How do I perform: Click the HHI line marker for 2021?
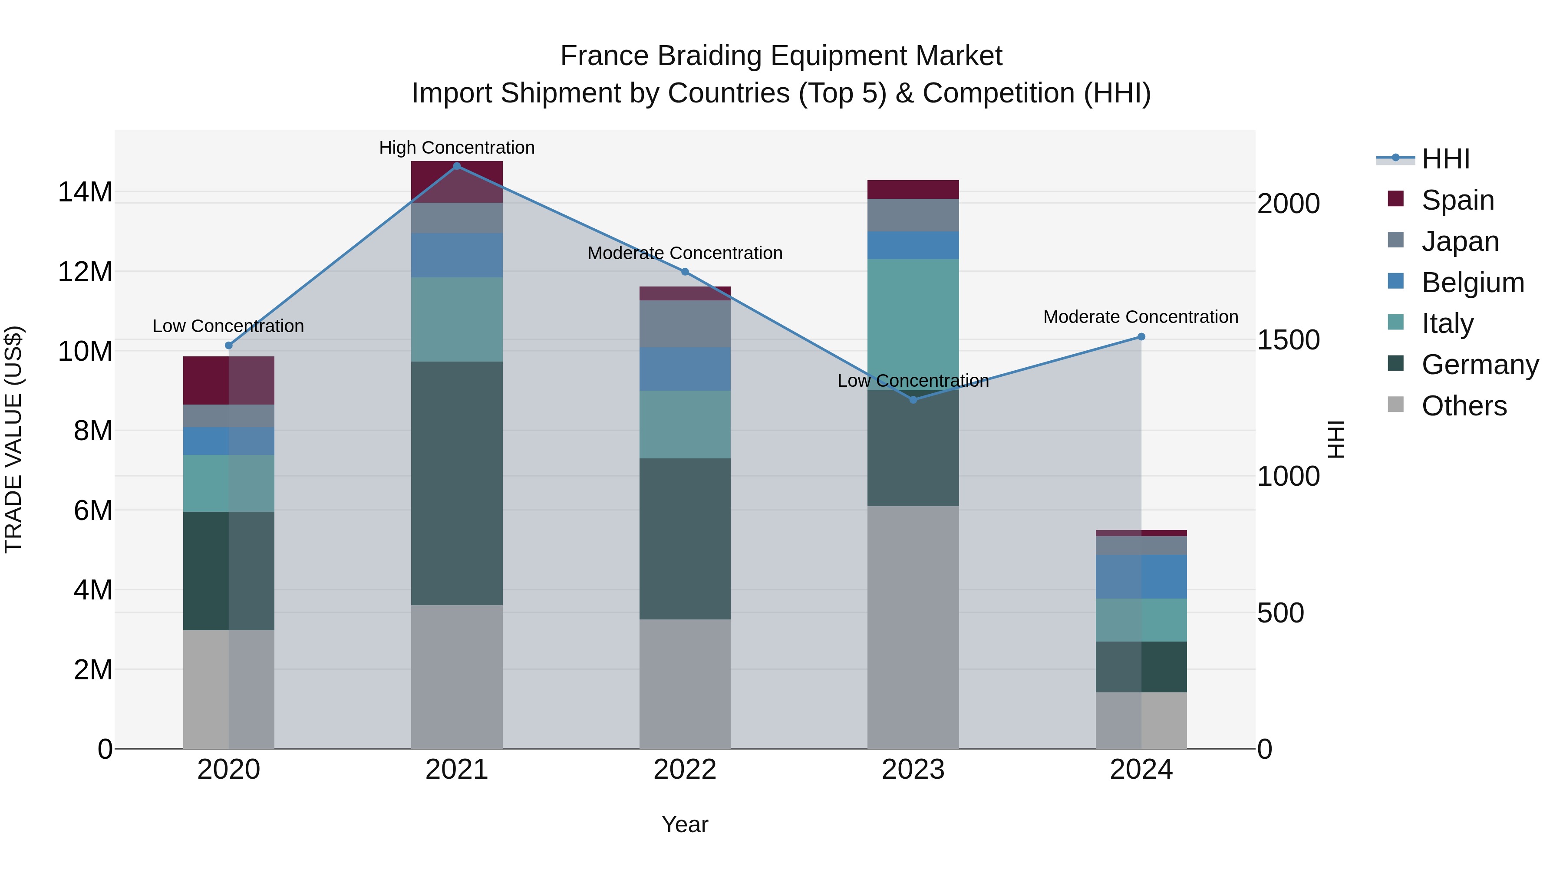click(x=457, y=166)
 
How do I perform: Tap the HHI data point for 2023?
click(x=913, y=399)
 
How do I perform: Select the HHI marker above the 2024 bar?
click(x=1141, y=337)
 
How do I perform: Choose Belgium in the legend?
click(x=1472, y=283)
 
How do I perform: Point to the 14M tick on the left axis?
click(x=85, y=192)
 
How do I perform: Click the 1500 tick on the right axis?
click(x=1288, y=340)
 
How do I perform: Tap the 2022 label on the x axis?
click(x=685, y=770)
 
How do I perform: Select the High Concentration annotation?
click(x=457, y=148)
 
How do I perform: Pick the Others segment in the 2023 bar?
click(x=913, y=627)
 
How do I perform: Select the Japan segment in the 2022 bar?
click(x=685, y=323)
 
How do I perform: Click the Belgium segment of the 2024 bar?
click(x=1141, y=576)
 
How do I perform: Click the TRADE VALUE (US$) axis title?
click(x=13, y=439)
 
